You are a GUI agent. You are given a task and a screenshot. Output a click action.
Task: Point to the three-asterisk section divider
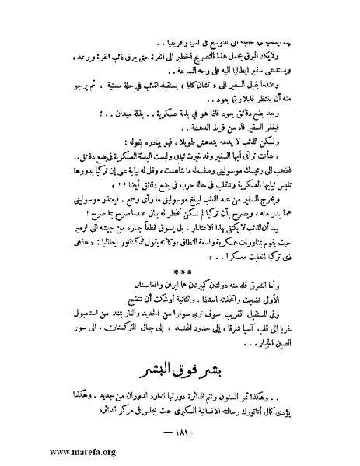click(x=180, y=273)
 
